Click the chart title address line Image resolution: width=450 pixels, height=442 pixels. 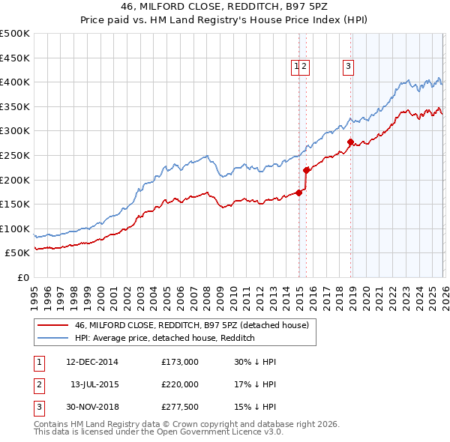[x=224, y=7]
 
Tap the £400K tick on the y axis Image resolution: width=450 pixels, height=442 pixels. [x=15, y=82]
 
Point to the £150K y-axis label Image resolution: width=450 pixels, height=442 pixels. [x=15, y=204]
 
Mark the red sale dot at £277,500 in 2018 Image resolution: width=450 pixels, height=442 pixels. [x=350, y=142]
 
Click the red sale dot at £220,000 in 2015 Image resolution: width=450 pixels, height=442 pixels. [x=306, y=170]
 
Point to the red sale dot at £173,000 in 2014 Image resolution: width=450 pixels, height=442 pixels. [x=298, y=193]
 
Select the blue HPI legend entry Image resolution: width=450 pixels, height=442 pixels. [x=165, y=338]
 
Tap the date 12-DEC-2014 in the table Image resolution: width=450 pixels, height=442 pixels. [x=91, y=362]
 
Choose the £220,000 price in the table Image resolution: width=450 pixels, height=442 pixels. [x=179, y=384]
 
